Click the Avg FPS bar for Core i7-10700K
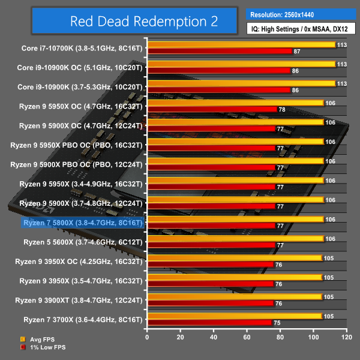coord(240,44)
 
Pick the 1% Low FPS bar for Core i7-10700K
coord(219,51)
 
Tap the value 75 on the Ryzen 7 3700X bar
coord(277,323)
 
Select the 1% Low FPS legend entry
coord(41,347)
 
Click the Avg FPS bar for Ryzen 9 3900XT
coord(234,296)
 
